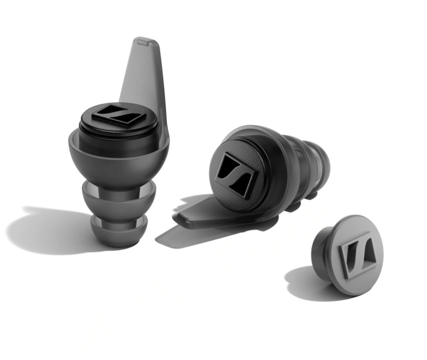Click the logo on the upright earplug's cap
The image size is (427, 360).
(x=119, y=116)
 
